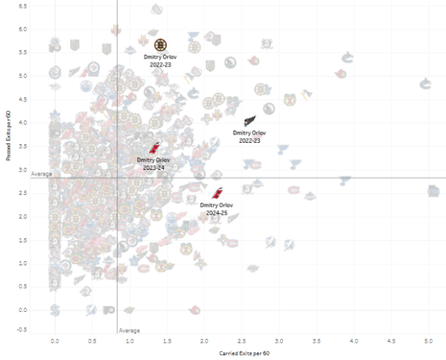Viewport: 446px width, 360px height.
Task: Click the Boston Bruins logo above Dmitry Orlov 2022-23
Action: coord(160,45)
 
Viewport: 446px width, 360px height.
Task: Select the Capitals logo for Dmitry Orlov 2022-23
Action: coord(249,121)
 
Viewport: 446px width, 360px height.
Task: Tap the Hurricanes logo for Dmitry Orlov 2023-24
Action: coord(155,148)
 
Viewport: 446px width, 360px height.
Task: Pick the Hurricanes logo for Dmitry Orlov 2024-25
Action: coord(217,194)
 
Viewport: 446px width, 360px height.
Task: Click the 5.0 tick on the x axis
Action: coord(429,342)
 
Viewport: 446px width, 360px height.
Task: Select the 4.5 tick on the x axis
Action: coord(392,342)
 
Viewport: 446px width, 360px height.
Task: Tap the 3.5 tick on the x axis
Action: coord(317,342)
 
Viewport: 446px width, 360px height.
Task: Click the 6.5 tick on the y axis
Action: coord(22,6)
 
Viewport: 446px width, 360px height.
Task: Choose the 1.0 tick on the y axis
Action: coord(22,263)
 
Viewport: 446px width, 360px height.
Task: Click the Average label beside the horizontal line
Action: coord(42,173)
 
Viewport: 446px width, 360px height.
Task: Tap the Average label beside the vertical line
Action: coord(130,330)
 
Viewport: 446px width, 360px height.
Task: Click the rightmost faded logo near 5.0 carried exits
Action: coord(433,191)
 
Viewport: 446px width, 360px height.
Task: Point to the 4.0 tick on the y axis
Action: coord(22,123)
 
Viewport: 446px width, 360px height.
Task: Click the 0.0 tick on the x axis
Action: coord(55,342)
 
